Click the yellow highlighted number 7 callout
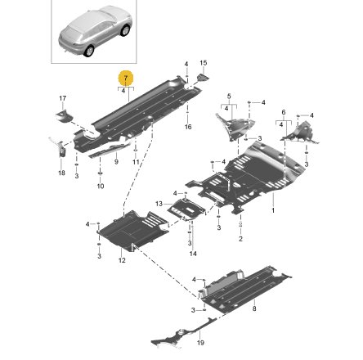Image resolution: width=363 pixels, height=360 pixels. [x=125, y=79]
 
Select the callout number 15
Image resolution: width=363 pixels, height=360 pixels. [x=204, y=62]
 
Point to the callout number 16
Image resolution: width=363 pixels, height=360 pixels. [x=188, y=127]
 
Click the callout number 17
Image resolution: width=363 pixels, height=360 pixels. [x=63, y=98]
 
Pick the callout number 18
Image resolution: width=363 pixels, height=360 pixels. [x=61, y=173]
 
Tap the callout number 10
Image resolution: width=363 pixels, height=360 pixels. [x=101, y=187]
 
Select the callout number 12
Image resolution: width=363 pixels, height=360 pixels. [x=122, y=260]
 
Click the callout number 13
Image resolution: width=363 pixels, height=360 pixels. [x=159, y=202]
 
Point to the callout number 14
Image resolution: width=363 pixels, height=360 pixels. [x=193, y=254]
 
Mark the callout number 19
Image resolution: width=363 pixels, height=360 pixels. [x=201, y=343]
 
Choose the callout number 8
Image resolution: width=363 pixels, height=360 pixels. [x=254, y=308]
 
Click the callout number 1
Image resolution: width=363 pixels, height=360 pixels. [x=272, y=209]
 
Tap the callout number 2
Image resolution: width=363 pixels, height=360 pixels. [x=240, y=239]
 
